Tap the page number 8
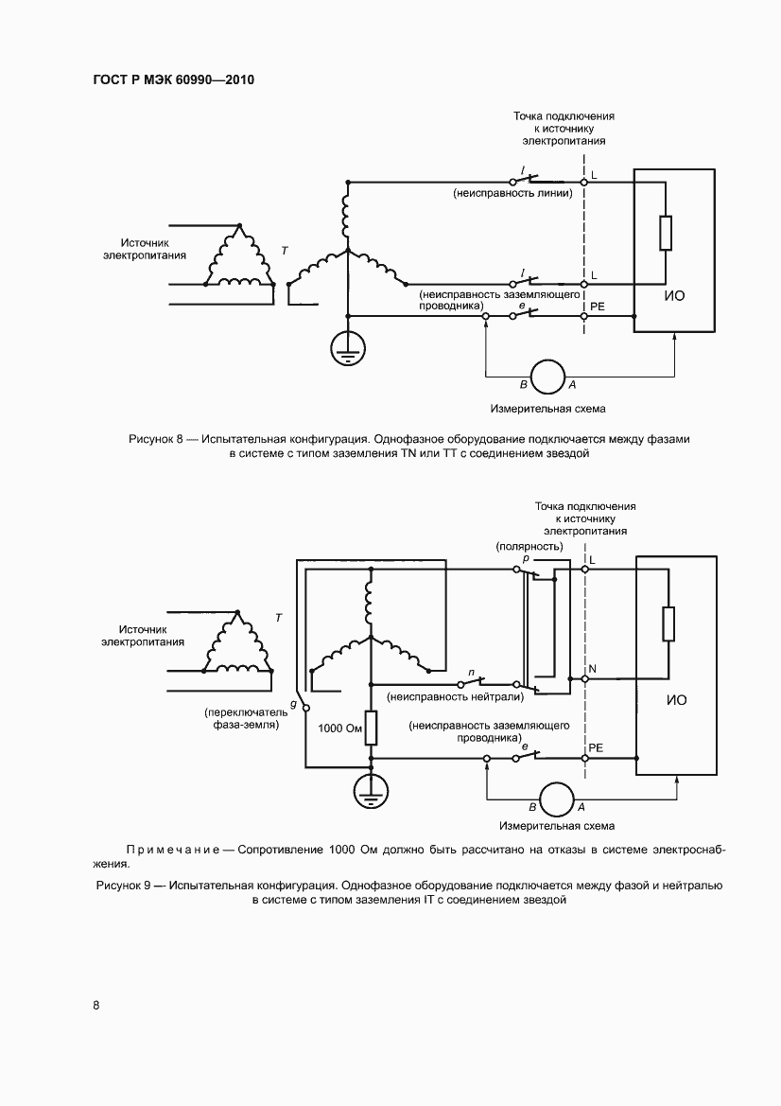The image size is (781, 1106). [x=96, y=1005]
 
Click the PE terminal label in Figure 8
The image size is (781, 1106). [x=597, y=307]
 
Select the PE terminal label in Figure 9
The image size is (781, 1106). [x=596, y=747]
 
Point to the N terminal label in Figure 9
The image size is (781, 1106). [x=593, y=669]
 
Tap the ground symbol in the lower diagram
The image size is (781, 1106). [x=371, y=789]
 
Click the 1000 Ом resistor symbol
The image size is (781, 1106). [x=371, y=728]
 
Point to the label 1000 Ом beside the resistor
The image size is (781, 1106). [x=340, y=729]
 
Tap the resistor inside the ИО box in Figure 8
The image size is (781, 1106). [x=666, y=233]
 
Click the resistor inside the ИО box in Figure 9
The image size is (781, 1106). [x=668, y=624]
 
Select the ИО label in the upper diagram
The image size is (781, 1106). [x=674, y=295]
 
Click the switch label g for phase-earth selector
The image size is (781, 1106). [x=294, y=705]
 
